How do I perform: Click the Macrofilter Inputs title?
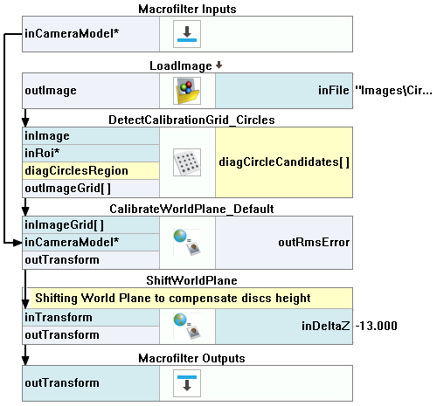[x=187, y=9]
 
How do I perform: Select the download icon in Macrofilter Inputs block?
[x=187, y=34]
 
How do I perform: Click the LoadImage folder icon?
[x=187, y=91]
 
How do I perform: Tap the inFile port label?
[x=333, y=90]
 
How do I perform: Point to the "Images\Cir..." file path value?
[x=393, y=91]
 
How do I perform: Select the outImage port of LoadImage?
[x=51, y=91]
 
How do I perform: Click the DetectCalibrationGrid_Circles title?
[x=191, y=120]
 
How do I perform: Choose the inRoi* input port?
[x=42, y=153]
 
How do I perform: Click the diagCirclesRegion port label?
[x=76, y=170]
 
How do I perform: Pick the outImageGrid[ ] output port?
[x=67, y=189]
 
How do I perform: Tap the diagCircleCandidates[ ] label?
[x=284, y=162]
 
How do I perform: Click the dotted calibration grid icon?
[x=187, y=162]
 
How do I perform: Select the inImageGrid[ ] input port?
[x=64, y=225]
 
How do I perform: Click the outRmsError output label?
[x=314, y=242]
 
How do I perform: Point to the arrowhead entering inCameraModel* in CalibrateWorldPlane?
[x=18, y=242]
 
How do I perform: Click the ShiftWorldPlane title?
[x=191, y=280]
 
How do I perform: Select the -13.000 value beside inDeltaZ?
[x=376, y=326]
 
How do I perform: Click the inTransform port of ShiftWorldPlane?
[x=59, y=317]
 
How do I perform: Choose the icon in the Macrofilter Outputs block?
[x=187, y=383]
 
